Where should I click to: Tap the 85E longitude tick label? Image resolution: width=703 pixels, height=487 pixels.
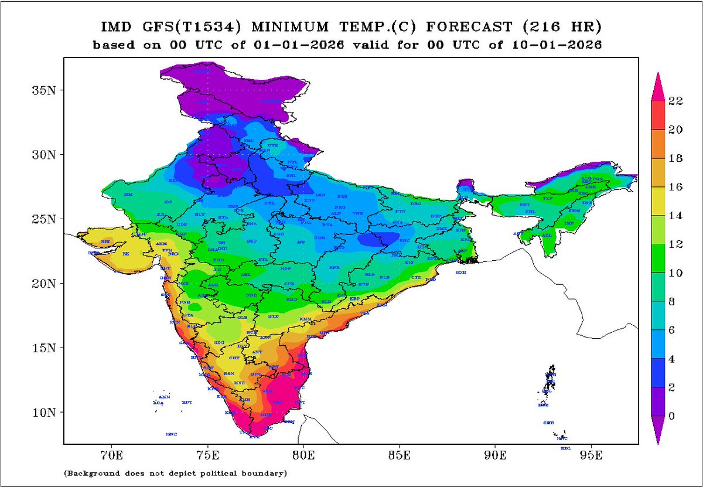coord(399,454)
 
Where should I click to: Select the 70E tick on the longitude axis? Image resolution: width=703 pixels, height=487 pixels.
coord(111,454)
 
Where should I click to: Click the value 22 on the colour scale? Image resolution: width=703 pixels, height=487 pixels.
coord(675,101)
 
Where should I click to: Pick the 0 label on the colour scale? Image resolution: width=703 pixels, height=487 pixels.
coord(673,416)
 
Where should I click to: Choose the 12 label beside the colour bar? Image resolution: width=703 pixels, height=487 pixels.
coord(675,244)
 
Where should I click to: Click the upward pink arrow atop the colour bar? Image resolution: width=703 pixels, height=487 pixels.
coord(658,84)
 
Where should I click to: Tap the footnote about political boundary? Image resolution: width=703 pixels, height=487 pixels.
coord(175,472)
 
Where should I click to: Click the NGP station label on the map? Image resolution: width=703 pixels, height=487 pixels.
coord(286,269)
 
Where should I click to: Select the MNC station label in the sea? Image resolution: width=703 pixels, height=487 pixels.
coord(171,434)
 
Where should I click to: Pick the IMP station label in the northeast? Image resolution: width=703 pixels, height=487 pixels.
coord(568,223)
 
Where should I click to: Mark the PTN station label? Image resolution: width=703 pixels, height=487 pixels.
coord(401,210)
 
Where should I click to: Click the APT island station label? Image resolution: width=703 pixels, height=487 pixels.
coord(187,403)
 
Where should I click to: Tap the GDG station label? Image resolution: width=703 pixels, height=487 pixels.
coord(219,342)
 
